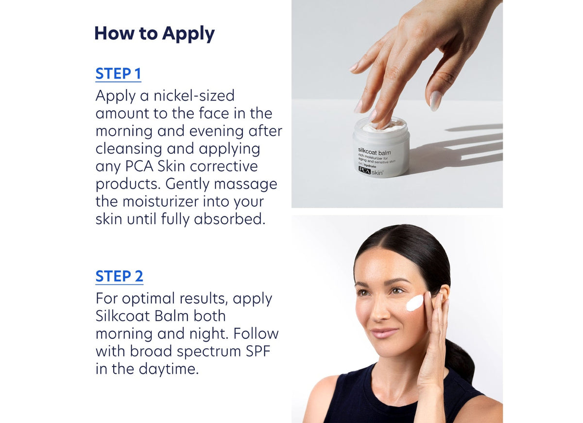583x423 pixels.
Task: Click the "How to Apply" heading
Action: [x=154, y=34]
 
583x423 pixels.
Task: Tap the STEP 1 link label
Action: [x=118, y=74]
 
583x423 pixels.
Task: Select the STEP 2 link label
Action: [x=119, y=276]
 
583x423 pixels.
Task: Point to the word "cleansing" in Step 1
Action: [x=128, y=149]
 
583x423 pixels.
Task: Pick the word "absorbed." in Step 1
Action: [x=230, y=219]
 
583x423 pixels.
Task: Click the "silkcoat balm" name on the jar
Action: [x=374, y=152]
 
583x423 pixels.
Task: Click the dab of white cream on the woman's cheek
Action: [x=414, y=303]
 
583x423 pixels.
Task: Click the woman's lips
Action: [x=384, y=333]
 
